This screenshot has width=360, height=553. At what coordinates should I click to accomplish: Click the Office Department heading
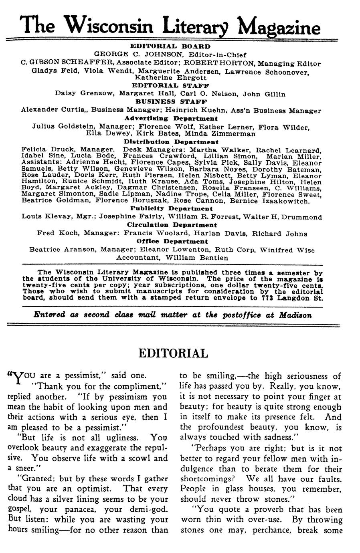pos(172,241)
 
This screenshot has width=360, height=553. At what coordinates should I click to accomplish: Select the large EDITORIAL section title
pos(173,353)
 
